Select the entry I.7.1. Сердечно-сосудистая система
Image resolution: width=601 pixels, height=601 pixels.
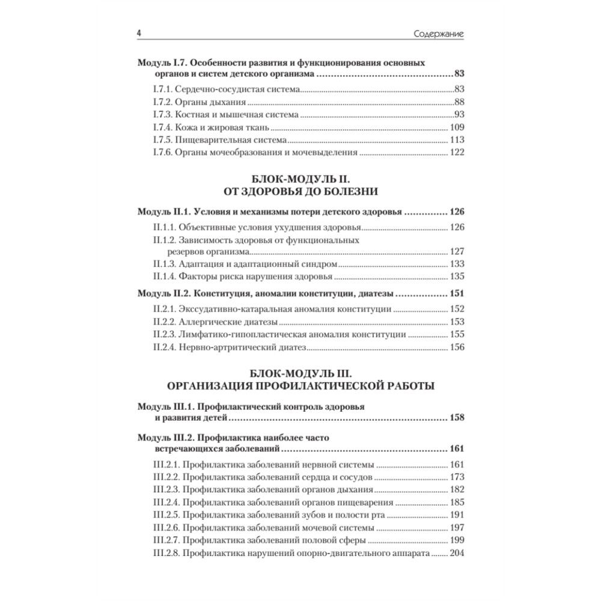click(x=224, y=90)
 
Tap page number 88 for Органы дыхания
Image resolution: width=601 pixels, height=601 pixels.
click(x=460, y=102)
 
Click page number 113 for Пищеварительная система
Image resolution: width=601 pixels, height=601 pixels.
click(x=457, y=140)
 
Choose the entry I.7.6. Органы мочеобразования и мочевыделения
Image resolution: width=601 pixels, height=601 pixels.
click(x=252, y=153)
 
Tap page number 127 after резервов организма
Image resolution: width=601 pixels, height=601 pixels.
click(x=457, y=252)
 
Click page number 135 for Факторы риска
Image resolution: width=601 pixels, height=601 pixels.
click(x=457, y=277)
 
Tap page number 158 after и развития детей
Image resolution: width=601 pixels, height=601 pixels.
click(x=457, y=418)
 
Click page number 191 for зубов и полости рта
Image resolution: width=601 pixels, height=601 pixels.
click(x=457, y=514)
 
